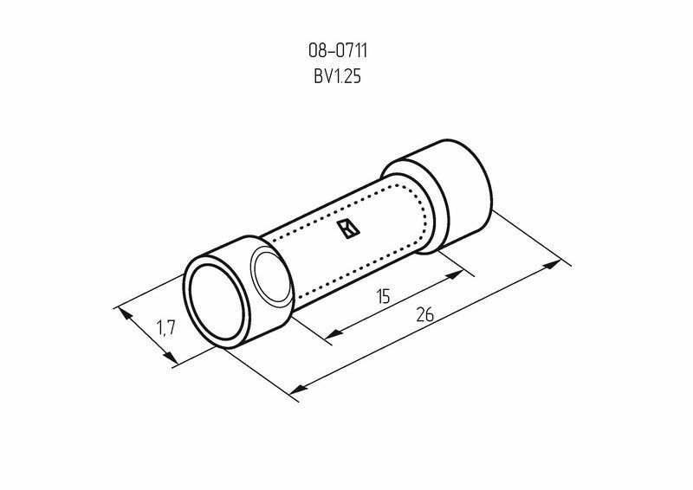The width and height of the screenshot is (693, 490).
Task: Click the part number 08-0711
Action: point(338,51)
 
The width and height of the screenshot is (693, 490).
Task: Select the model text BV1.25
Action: point(338,76)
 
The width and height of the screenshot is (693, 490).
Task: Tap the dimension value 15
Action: point(384,296)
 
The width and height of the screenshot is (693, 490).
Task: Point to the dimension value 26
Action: point(424,314)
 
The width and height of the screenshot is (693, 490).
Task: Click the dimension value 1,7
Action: point(166,328)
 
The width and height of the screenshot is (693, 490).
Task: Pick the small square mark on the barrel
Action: point(348,229)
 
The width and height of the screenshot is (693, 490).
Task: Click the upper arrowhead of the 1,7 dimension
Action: point(126,314)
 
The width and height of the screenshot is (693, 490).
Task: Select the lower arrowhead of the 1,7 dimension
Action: point(168,356)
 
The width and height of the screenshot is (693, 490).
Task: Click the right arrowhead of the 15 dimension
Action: point(454,274)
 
